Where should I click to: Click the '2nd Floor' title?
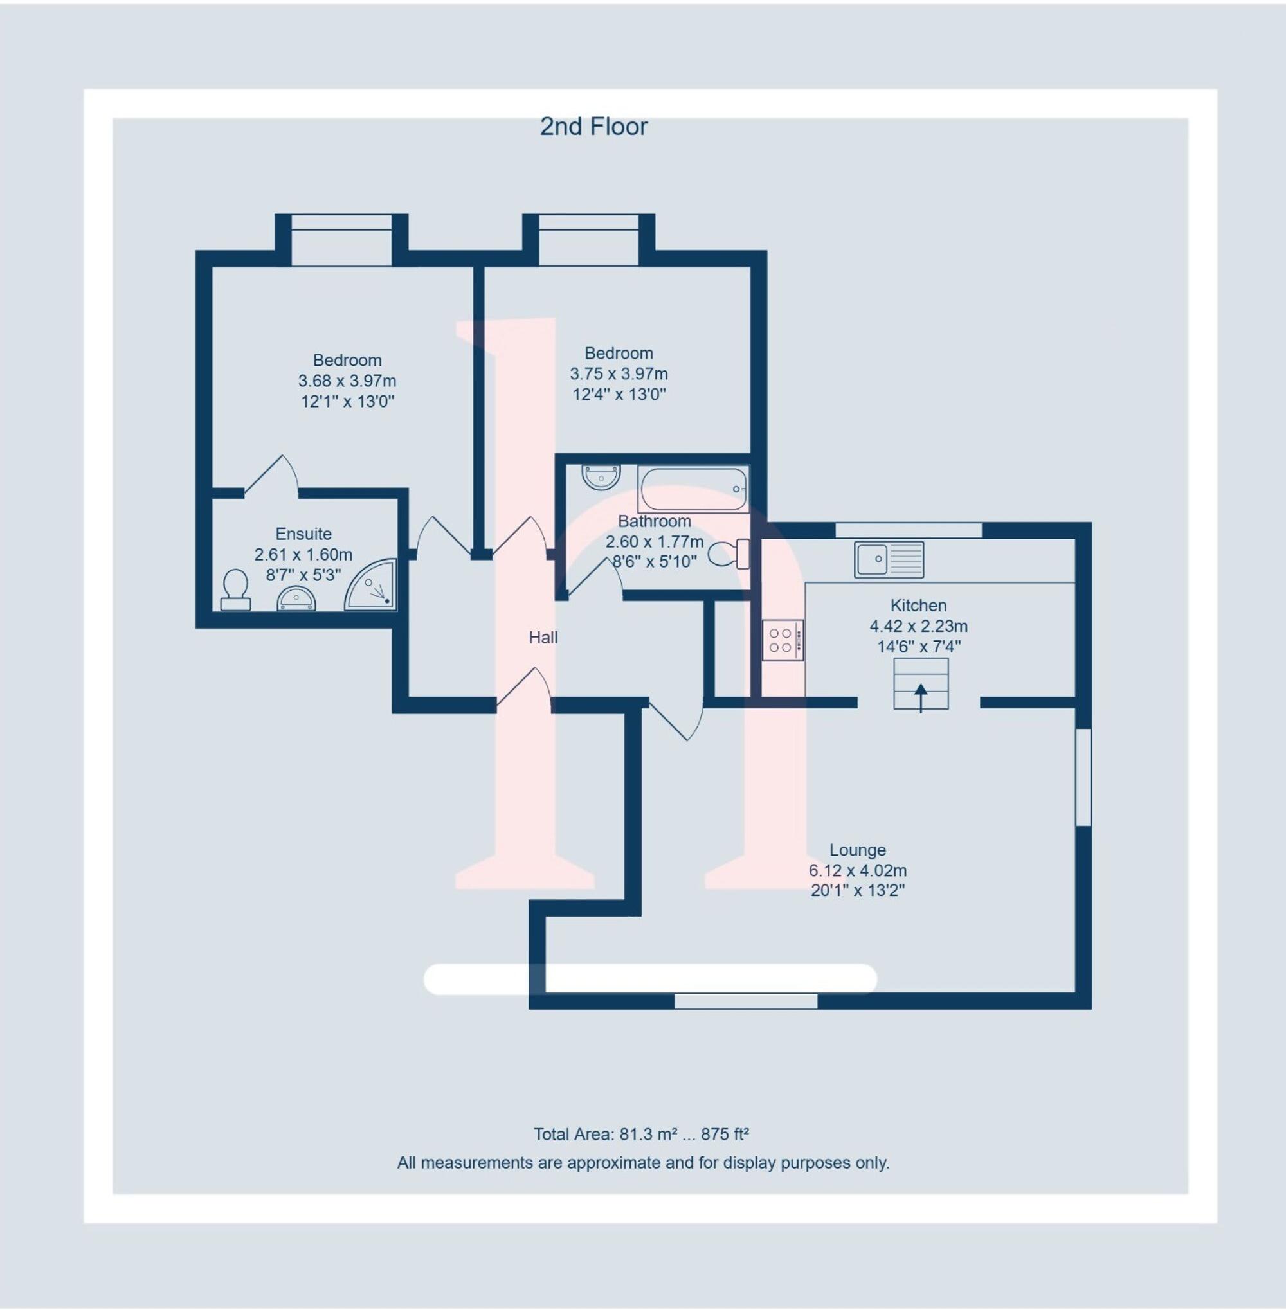point(593,127)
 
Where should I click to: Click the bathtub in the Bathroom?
point(693,489)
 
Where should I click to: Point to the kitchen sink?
point(888,559)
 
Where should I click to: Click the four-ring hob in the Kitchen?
point(782,640)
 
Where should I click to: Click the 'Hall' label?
point(543,638)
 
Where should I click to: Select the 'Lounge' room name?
point(857,850)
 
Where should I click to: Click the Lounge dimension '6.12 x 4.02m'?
point(857,870)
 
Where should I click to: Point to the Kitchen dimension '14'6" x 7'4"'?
point(919,646)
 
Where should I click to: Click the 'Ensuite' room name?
point(303,534)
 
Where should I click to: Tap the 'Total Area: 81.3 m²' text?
point(605,1134)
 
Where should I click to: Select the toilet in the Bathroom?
point(727,553)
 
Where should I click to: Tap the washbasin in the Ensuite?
point(296,599)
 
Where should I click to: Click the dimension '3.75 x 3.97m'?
point(619,373)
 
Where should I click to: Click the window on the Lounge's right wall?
point(1083,776)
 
